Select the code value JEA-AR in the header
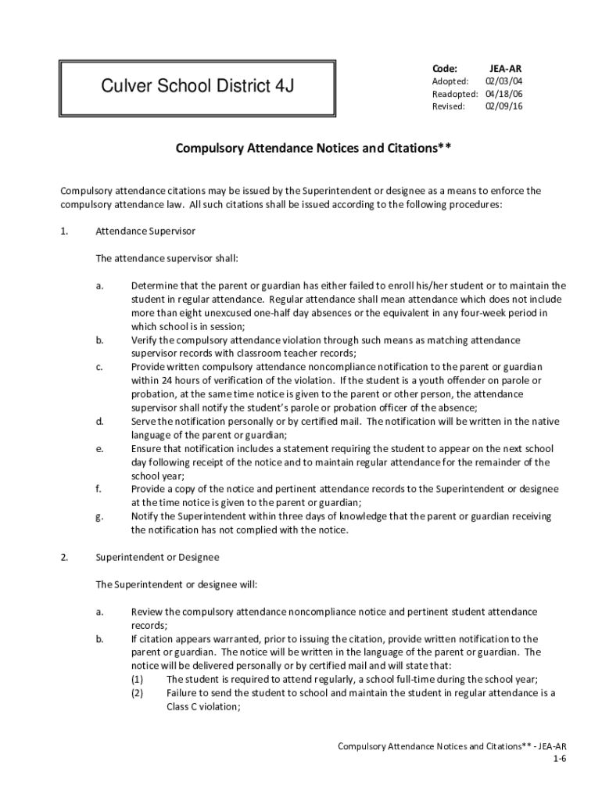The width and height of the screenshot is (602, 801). pyautogui.click(x=504, y=68)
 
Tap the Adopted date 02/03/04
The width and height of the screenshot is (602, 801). pyautogui.click(x=503, y=81)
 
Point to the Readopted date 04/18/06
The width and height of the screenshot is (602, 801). pyautogui.click(x=503, y=94)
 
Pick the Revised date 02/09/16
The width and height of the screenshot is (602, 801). pyautogui.click(x=503, y=106)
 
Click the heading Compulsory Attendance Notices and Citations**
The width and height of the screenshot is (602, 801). pyautogui.click(x=313, y=148)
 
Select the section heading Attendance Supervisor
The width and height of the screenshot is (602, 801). pyautogui.click(x=145, y=232)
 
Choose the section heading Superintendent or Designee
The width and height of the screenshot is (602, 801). pyautogui.click(x=157, y=558)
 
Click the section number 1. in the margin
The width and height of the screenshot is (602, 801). pyautogui.click(x=65, y=232)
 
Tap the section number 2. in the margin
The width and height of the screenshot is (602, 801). pyautogui.click(x=65, y=558)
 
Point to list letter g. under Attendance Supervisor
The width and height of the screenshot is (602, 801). pyautogui.click(x=99, y=516)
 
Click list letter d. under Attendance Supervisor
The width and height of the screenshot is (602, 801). pyautogui.click(x=99, y=422)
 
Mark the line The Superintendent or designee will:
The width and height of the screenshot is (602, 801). pyautogui.click(x=176, y=584)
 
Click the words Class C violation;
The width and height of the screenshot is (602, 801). pyautogui.click(x=203, y=706)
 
